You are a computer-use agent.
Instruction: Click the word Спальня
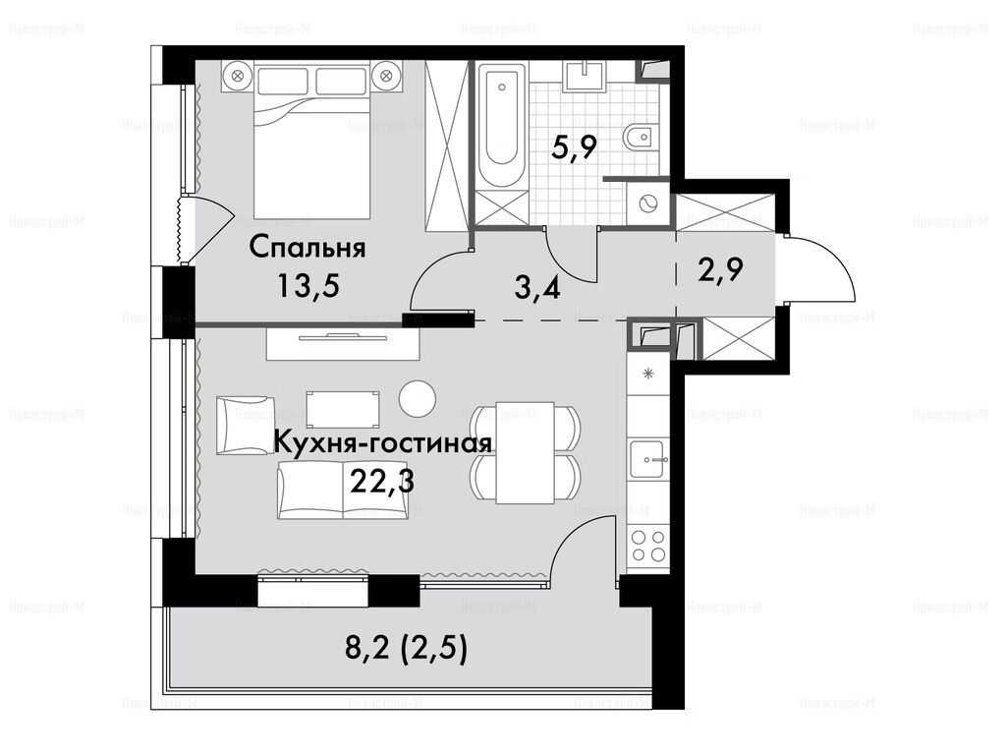tap(307, 249)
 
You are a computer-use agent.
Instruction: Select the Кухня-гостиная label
tap(383, 443)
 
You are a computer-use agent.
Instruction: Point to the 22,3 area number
tap(382, 479)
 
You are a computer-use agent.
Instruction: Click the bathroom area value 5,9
tap(575, 150)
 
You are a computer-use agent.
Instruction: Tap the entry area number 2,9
tap(720, 270)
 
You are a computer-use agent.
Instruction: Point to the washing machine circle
tap(648, 204)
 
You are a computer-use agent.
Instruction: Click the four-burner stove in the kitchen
tap(648, 545)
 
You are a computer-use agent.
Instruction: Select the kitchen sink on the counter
tap(648, 458)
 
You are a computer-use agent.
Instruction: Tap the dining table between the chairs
tap(525, 452)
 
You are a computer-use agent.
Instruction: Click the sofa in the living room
tap(343, 489)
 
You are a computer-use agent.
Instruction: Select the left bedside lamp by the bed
tap(238, 75)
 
